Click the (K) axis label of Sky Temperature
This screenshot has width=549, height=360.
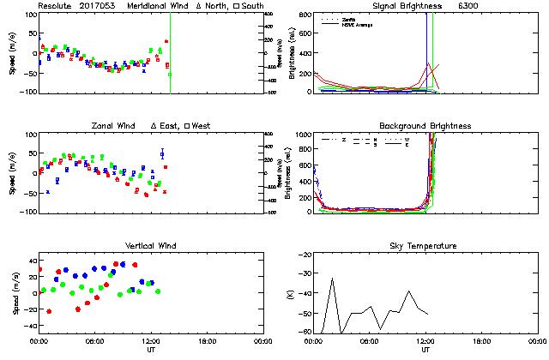289,293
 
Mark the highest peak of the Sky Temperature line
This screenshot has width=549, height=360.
332,279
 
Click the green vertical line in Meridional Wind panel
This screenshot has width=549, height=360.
170,51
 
